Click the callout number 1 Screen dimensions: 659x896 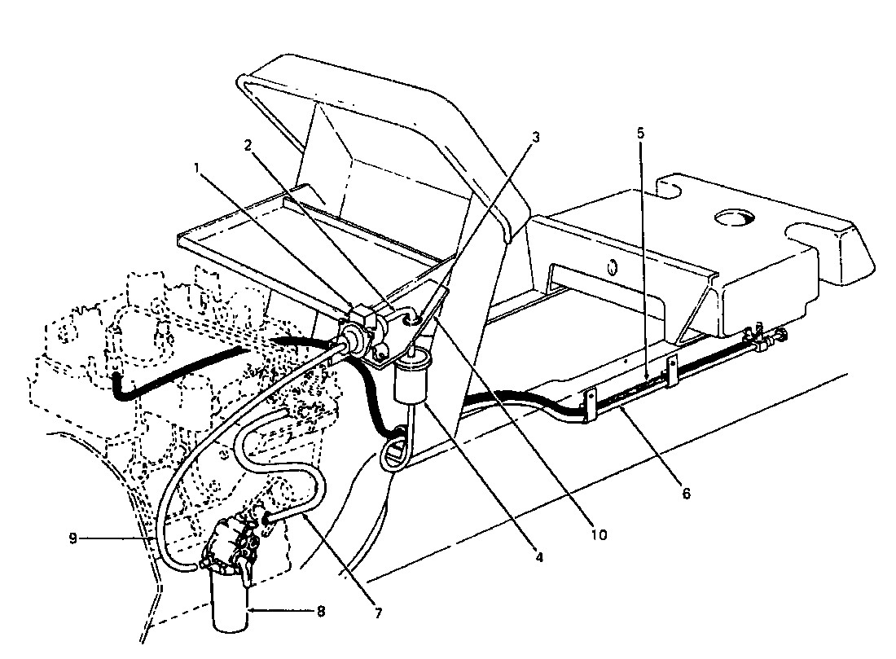click(x=196, y=167)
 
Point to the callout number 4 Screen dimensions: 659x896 click(x=538, y=559)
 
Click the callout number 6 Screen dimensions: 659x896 click(x=686, y=494)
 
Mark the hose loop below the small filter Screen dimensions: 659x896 click(x=394, y=450)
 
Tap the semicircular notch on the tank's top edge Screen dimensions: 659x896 click(x=670, y=188)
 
